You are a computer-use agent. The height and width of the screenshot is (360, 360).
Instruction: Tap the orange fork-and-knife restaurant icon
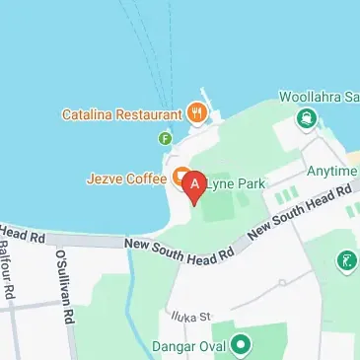197,112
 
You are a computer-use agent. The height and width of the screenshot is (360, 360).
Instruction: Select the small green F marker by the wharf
165,137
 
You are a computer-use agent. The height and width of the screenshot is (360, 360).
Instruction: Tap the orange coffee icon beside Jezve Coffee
181,178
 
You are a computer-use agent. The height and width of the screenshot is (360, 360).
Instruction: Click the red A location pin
195,184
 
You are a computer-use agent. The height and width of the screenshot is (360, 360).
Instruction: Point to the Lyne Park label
229,181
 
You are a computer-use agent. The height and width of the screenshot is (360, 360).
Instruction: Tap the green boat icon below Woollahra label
307,119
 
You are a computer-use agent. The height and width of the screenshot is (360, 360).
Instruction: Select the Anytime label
331,170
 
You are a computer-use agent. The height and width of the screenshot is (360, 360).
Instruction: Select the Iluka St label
193,317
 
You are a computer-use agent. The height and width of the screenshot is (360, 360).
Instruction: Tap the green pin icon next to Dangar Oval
238,347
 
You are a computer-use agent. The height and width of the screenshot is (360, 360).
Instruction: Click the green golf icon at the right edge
346,262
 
